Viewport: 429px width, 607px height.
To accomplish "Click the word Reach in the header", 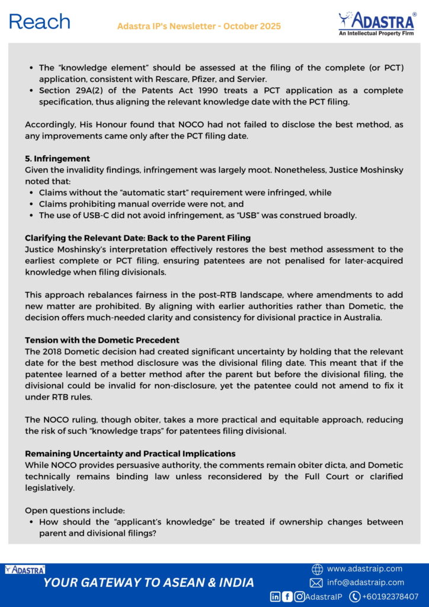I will click(40, 22).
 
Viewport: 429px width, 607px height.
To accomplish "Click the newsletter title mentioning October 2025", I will click(199, 27).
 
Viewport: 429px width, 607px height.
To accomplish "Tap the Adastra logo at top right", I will click(377, 23).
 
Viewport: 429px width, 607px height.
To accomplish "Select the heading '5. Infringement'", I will click(57, 159).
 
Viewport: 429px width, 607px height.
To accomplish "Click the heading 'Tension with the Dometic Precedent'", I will click(102, 340).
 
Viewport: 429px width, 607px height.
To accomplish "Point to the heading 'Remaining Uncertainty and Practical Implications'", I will click(130, 453).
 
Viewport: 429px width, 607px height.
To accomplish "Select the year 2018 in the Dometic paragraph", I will click(53, 352).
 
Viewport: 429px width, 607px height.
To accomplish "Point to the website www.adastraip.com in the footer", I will click(364, 569).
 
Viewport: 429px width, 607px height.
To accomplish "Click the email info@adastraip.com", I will click(365, 583).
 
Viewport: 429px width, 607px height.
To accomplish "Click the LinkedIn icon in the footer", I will click(276, 597).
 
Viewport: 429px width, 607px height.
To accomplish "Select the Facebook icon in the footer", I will click(287, 597).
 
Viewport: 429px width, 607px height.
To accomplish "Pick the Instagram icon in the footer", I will click(299, 597).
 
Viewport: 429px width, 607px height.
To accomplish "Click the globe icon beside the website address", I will click(317, 569).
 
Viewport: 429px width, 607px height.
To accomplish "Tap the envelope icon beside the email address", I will click(316, 583).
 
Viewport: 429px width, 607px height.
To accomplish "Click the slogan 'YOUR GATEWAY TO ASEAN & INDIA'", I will click(149, 583).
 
